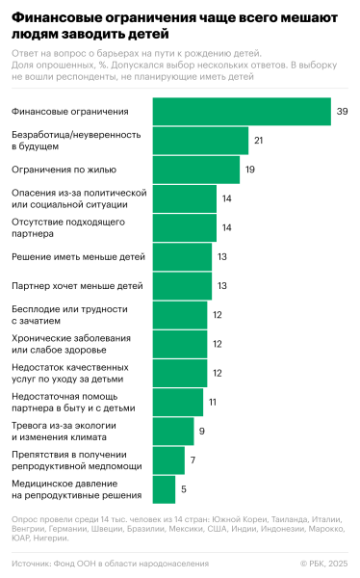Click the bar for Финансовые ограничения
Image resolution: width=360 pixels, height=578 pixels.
[241, 112]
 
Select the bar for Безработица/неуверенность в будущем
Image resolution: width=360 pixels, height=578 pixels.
[199, 141]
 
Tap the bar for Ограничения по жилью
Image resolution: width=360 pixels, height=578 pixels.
[195, 170]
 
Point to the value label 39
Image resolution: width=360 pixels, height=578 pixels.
[342, 112]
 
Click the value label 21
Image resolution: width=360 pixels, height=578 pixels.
[259, 141]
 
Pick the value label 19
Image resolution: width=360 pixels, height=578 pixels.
[249, 170]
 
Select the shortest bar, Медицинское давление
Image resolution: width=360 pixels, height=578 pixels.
[164, 489]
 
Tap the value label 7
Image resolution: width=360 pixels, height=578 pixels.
[193, 460]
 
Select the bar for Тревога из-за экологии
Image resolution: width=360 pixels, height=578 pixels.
[172, 432]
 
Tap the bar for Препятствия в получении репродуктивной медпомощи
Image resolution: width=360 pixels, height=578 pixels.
[167, 460]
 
